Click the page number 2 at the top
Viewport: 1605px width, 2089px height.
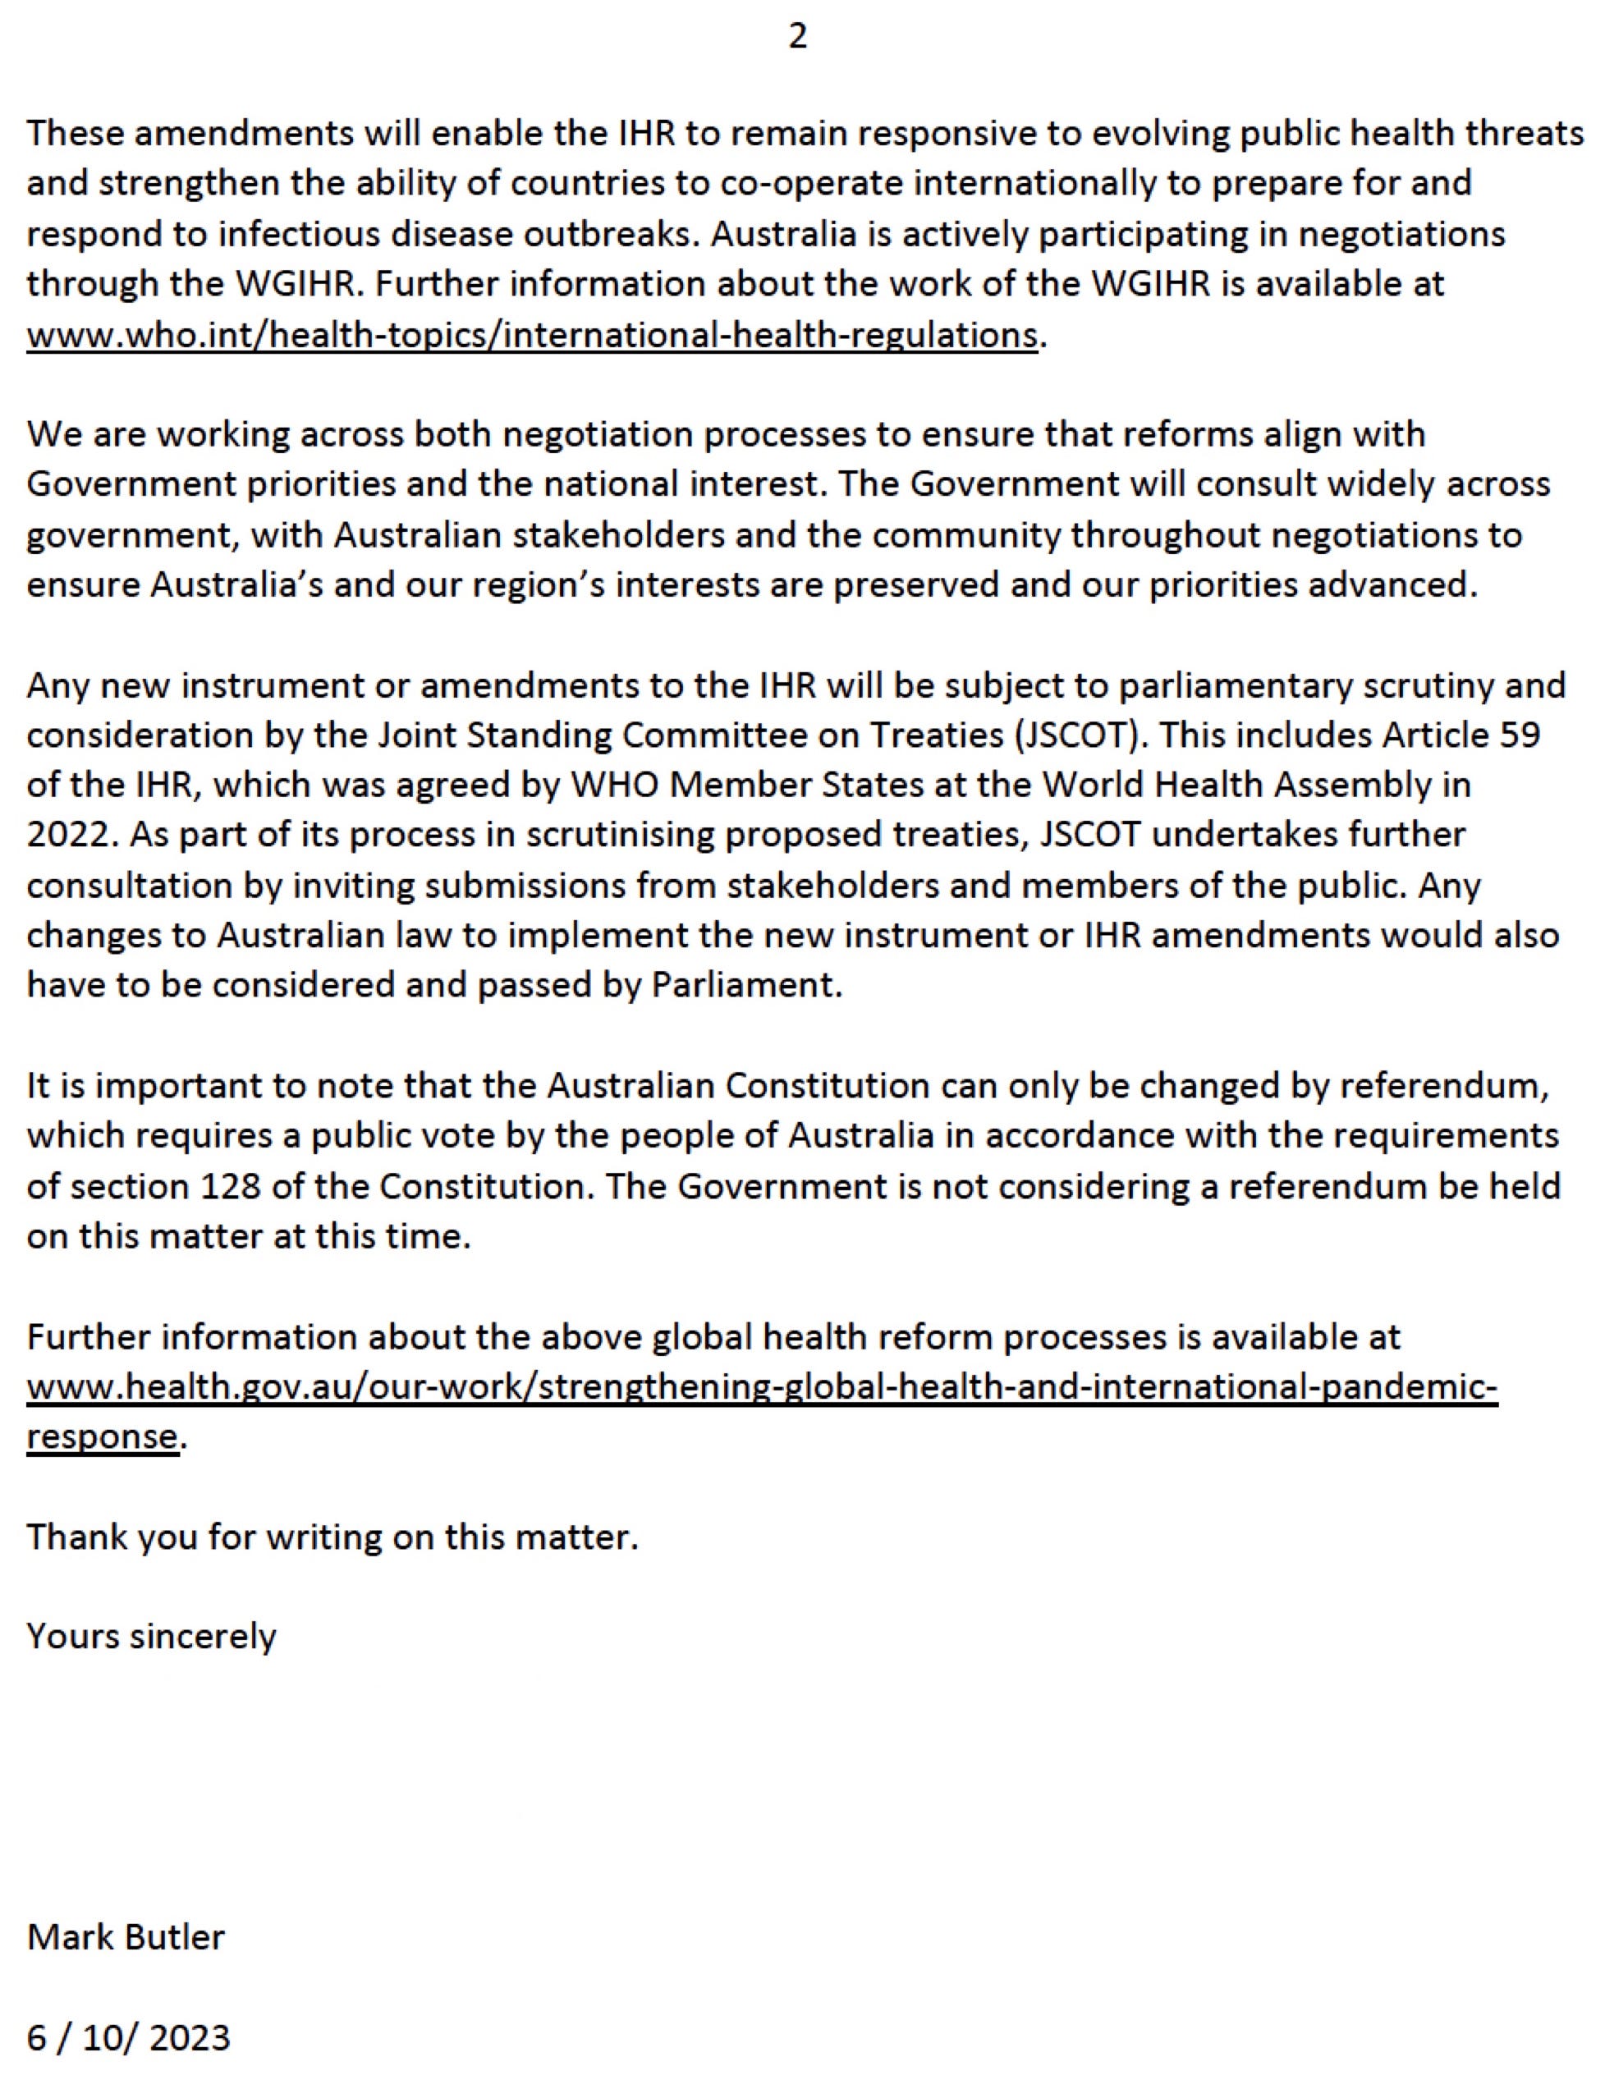[798, 36]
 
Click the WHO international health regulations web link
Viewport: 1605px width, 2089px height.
[531, 335]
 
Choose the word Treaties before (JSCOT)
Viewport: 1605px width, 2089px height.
[924, 735]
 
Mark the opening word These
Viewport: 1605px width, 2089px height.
[75, 134]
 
